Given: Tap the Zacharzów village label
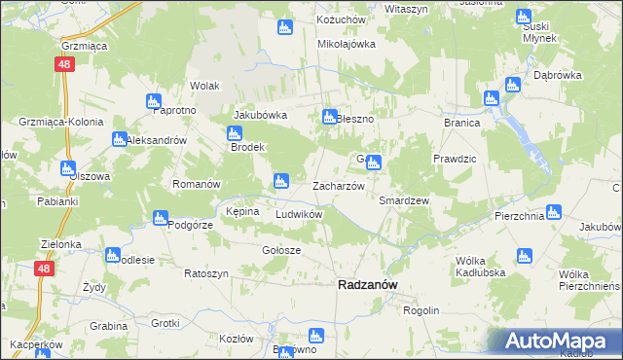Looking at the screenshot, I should (x=338, y=186).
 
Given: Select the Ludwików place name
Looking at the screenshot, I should (x=299, y=214).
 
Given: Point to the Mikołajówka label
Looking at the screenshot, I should (x=347, y=44).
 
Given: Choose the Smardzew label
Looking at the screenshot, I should (x=404, y=199).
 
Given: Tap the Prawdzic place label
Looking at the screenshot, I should (x=453, y=158).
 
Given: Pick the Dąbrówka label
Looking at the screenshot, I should (x=558, y=74).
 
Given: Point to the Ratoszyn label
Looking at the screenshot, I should (x=206, y=273).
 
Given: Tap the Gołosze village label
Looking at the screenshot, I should (x=281, y=250).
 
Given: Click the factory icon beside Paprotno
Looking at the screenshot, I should (x=153, y=100).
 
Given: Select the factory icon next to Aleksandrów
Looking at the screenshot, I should (x=119, y=138).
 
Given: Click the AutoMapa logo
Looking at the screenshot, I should (x=551, y=341).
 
